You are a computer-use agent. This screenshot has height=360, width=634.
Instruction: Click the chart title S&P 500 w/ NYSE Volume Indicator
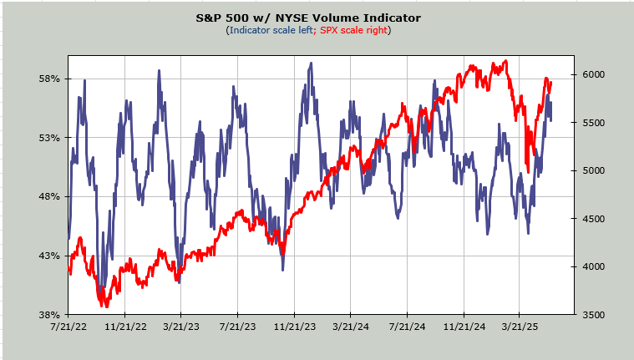coord(308,18)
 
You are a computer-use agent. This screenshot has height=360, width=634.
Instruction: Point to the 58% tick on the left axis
coord(51,79)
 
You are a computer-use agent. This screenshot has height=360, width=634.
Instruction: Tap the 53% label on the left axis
coord(51,138)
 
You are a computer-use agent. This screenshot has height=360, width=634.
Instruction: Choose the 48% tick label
coord(51,197)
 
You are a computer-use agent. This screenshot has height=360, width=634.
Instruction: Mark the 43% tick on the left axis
coord(51,256)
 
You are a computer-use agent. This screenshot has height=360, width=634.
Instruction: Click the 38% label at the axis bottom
coord(51,315)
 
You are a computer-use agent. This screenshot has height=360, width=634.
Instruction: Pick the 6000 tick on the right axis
coord(593,75)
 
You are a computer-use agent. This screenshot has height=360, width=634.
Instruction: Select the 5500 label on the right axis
coord(593,123)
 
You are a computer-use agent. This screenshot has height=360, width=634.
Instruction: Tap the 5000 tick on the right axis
coord(593,171)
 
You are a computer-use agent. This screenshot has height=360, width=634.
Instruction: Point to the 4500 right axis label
coord(593,219)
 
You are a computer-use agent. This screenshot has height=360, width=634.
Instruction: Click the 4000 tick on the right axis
coord(593,267)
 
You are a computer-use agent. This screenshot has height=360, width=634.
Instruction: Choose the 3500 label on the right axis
coord(593,315)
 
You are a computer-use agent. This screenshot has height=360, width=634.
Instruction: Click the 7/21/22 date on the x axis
coord(68,327)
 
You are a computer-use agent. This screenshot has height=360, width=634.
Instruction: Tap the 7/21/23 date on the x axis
coord(237,327)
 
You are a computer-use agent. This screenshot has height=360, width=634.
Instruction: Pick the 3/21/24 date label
coord(350,327)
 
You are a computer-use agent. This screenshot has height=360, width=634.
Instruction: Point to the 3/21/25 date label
coord(519,327)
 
